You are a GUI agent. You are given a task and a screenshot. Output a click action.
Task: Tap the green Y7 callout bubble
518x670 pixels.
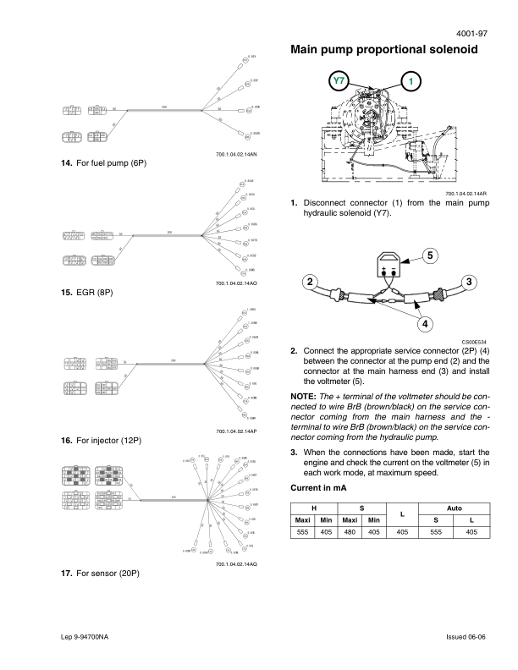[339, 81]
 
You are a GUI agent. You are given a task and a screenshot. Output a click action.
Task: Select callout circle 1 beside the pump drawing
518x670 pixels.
[411, 81]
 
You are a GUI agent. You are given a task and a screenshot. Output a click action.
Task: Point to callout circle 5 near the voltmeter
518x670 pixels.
[429, 255]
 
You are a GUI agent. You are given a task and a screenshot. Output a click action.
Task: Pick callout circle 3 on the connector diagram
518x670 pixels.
[469, 282]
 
